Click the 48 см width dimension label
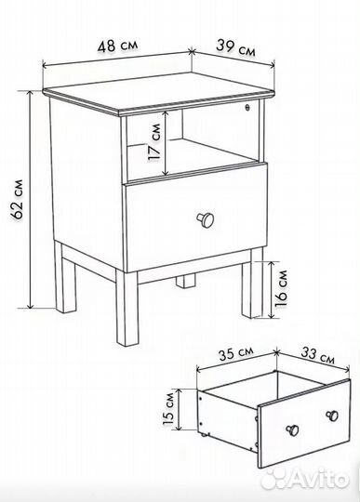pos(118,46)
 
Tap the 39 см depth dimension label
pos(236,47)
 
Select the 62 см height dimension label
pos(17,199)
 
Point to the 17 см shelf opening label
pos(154,142)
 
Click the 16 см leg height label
pos(281,289)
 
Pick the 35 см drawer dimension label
pos(236,353)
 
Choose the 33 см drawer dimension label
pos(318,355)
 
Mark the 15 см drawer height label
pos(168,409)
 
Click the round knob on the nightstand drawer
pos(206,219)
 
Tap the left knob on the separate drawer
pos(292,430)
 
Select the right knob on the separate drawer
pos(332,416)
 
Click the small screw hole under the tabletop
pos(247,107)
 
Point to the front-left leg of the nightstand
pos(127,308)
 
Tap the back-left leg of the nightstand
pos(65,278)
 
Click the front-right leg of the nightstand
pos(252,283)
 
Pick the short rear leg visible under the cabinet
pos(185,281)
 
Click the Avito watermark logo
pos(304,479)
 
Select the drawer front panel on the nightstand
pos(196,218)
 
